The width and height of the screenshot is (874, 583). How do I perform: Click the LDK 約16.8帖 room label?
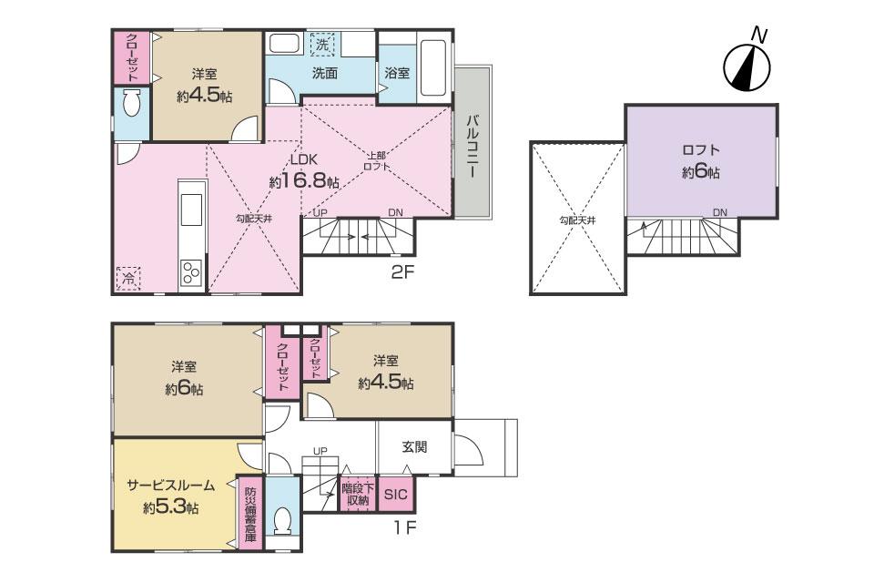point(304,170)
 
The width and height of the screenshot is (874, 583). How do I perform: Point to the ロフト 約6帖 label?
point(701,161)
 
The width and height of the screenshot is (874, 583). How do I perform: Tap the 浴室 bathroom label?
point(397,73)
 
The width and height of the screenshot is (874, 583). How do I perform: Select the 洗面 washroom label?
point(324,73)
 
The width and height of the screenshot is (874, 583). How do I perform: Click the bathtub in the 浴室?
point(432,67)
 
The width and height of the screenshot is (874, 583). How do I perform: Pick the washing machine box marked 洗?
point(321,45)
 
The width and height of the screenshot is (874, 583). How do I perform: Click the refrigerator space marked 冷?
point(128,279)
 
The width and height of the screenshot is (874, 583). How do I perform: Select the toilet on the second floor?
point(132,104)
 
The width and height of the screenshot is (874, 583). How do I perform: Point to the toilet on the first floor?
point(282,520)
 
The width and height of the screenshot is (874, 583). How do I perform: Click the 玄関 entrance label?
point(414,447)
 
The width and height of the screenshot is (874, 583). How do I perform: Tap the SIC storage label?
point(396,495)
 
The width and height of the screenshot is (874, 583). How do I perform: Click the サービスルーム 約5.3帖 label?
point(170,496)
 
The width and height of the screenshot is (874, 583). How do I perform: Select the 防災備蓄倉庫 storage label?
point(250,515)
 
